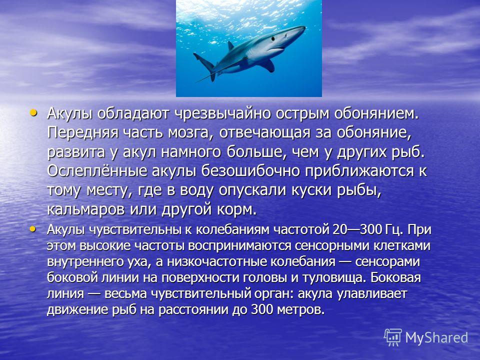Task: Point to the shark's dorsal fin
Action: click(230, 45)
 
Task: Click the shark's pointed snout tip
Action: click(304, 27)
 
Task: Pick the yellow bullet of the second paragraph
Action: click(32, 228)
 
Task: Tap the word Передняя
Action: click(82, 133)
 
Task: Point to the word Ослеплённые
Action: click(97, 171)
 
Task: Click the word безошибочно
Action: click(250, 171)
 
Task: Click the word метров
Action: click(300, 310)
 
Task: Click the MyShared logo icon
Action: click(393, 337)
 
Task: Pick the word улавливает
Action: click(371, 294)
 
